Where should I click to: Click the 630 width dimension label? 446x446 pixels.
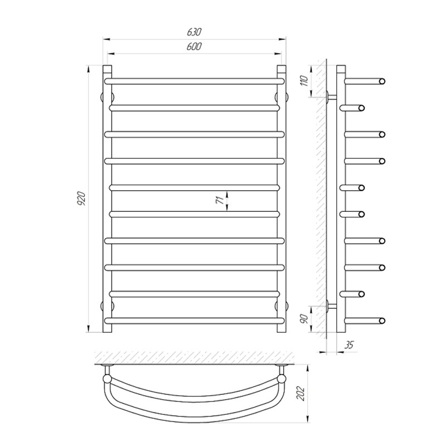(194, 32)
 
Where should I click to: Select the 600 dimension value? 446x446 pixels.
(194, 46)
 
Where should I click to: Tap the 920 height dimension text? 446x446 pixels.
(82, 199)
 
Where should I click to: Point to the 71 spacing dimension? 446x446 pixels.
(220, 201)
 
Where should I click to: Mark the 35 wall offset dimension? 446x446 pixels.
(349, 345)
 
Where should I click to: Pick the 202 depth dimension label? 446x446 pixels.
(300, 394)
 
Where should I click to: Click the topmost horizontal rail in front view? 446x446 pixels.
(194, 81)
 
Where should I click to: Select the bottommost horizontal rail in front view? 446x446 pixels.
(194, 321)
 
